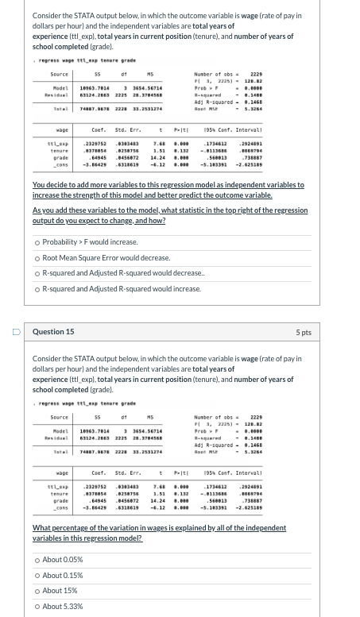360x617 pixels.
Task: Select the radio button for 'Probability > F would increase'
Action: coord(37,242)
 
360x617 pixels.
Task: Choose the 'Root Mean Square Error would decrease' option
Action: coord(37,258)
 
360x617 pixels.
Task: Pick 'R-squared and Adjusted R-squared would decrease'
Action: coord(37,274)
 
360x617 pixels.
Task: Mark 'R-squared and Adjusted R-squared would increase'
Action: coord(37,290)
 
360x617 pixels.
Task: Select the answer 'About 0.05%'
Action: coord(37,560)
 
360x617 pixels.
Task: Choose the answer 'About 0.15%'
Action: coord(37,576)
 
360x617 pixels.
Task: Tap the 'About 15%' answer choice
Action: coord(37,591)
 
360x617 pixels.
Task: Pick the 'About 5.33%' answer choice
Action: coord(37,607)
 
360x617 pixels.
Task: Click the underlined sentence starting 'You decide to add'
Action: coord(168,189)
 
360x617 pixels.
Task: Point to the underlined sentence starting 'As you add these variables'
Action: coord(169,216)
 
